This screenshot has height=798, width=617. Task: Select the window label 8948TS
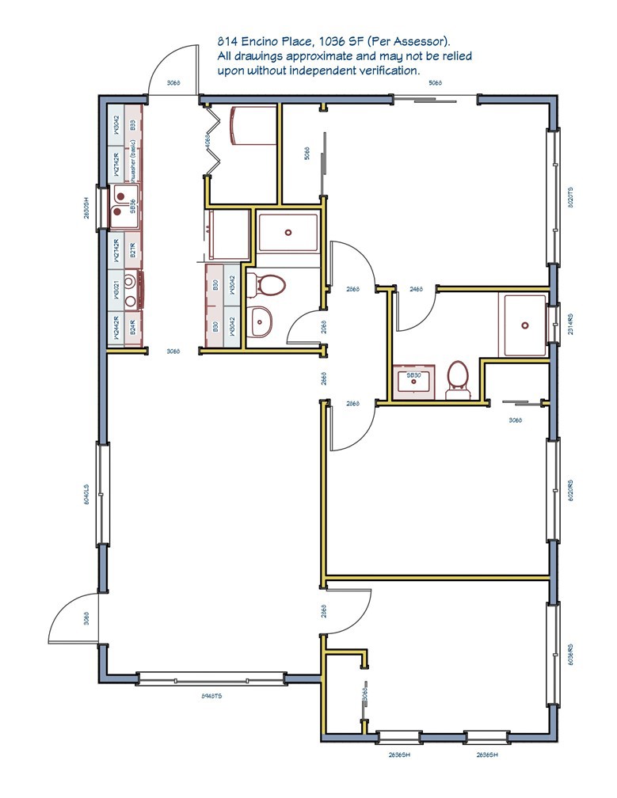coord(210,694)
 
